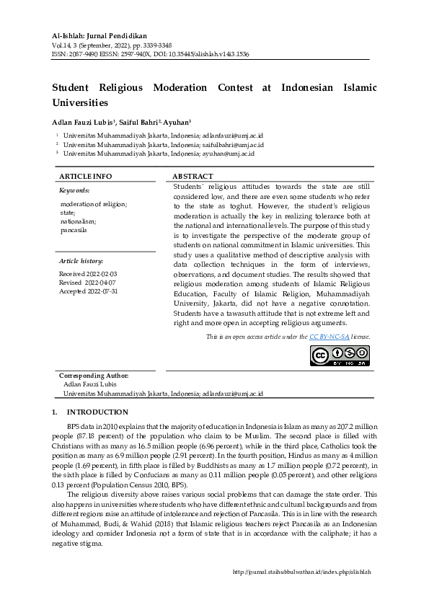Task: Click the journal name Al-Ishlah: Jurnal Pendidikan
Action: [99, 35]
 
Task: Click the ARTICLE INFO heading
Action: [85, 177]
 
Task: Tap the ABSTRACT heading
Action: [193, 177]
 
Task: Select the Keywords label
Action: [74, 191]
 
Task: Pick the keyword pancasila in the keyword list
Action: [74, 230]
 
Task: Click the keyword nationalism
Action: [77, 221]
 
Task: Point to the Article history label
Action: [81, 260]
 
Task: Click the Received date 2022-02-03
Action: [88, 275]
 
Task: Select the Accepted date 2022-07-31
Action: [89, 291]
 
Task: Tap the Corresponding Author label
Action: [94, 376]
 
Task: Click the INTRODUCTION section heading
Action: [97, 412]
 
